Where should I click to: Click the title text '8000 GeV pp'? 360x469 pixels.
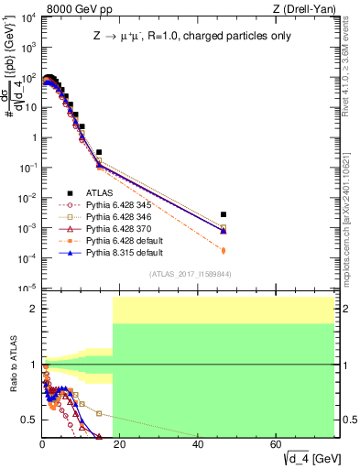pyautogui.click(x=75, y=7)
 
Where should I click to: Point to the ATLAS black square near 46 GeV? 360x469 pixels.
pyautogui.click(x=224, y=214)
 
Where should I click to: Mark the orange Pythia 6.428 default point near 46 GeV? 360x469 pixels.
pyautogui.click(x=224, y=249)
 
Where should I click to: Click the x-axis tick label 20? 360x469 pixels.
pyautogui.click(x=120, y=444)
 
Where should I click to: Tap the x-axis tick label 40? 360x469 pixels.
pyautogui.click(x=198, y=444)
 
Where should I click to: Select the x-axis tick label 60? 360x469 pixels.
pyautogui.click(x=276, y=444)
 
